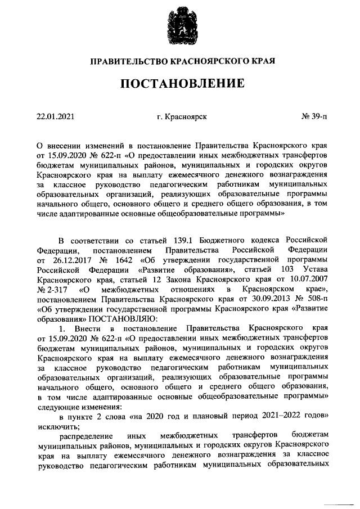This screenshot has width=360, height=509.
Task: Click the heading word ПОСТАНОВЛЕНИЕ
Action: (181, 84)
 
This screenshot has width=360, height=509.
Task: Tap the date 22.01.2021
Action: (55, 116)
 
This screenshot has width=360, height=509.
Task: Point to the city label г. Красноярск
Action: (182, 116)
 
